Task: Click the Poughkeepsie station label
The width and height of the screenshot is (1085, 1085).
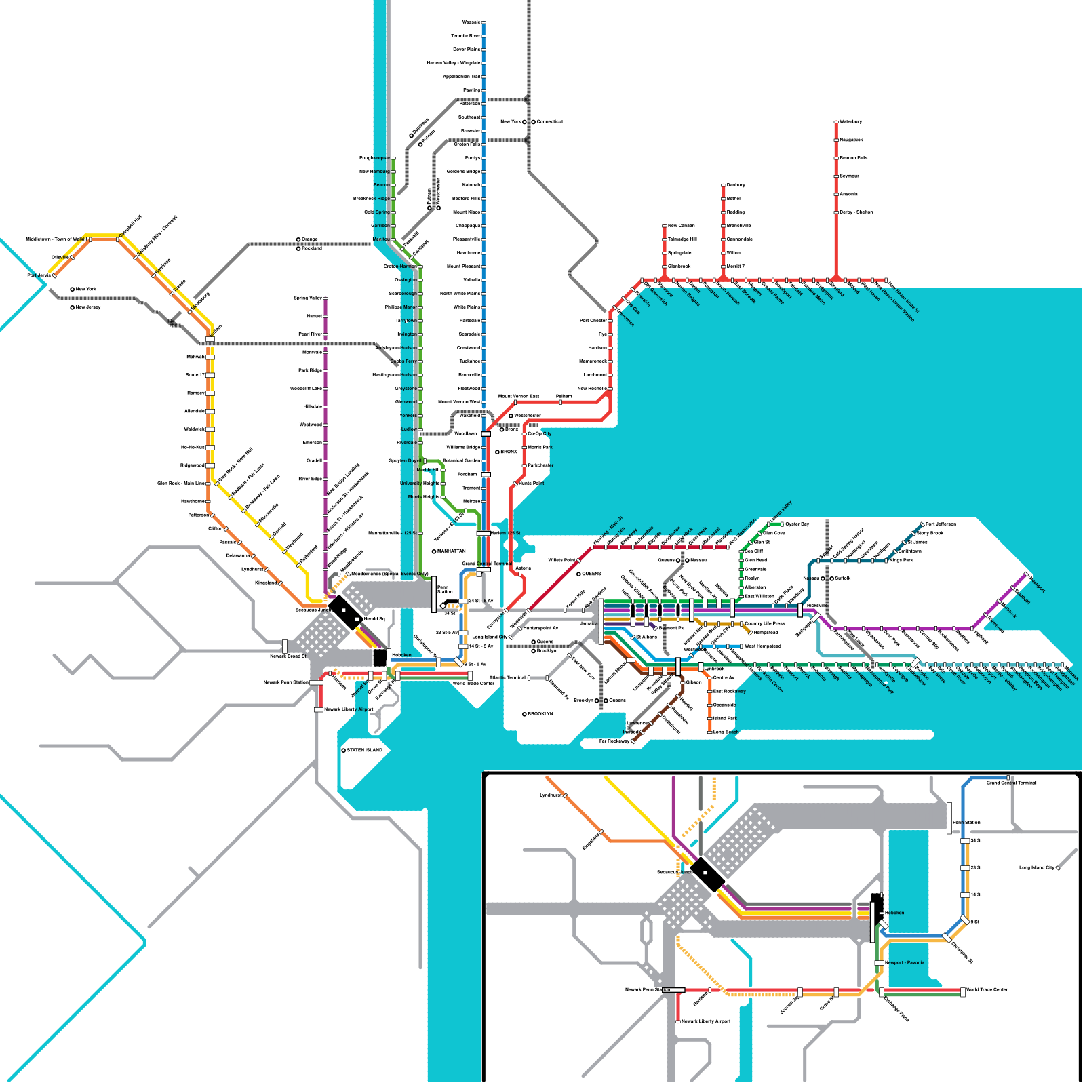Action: coord(374,158)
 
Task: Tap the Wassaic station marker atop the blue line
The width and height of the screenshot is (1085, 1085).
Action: coord(484,22)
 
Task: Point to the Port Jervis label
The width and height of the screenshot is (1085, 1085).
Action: coord(39,276)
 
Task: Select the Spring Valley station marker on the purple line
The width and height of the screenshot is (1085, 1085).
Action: coord(326,298)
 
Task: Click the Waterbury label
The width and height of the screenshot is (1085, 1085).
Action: coord(851,122)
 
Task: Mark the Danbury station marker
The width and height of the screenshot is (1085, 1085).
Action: coord(724,185)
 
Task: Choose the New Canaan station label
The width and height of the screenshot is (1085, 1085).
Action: coord(682,226)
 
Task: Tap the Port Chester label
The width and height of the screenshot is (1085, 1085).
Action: coord(593,321)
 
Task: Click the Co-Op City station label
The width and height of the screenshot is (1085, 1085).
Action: coord(540,434)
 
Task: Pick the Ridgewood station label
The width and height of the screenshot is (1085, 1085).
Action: coord(193,466)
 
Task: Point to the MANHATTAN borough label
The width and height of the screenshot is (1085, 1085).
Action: coord(452,551)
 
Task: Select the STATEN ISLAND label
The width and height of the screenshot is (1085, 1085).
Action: coord(364,750)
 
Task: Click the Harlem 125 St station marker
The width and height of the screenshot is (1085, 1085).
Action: coord(484,533)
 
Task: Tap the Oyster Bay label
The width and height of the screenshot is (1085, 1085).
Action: coord(797,524)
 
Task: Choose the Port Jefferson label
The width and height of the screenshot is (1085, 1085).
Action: coord(941,524)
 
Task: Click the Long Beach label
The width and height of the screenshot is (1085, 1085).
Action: coord(726,732)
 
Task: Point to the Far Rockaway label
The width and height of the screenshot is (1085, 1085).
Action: coord(614,741)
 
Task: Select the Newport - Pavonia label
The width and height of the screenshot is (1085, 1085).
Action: coord(905,963)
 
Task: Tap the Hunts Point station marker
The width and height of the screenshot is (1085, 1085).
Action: coord(515,484)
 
